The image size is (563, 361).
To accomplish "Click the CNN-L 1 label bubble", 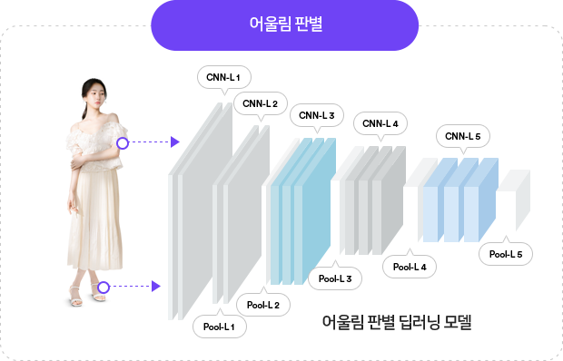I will click(223, 76).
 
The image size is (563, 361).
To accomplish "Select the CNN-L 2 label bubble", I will click(261, 103).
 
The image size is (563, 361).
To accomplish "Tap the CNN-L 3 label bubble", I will click(317, 115).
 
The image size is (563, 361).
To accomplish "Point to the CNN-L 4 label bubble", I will click(380, 122).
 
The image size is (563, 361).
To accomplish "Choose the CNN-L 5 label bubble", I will click(463, 136).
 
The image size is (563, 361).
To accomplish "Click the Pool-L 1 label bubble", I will click(219, 326).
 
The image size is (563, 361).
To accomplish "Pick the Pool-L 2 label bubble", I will click(263, 304).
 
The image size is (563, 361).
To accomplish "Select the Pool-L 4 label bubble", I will click(410, 267).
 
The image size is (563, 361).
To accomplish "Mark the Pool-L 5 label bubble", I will click(505, 254).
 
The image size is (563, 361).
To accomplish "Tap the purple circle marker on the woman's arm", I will click(123, 142).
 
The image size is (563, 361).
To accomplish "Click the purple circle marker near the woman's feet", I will click(103, 288).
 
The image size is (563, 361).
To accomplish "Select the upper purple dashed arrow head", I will click(175, 142).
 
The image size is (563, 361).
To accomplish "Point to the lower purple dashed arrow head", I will click(156, 288).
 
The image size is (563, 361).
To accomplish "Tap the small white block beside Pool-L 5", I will click(512, 200).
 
